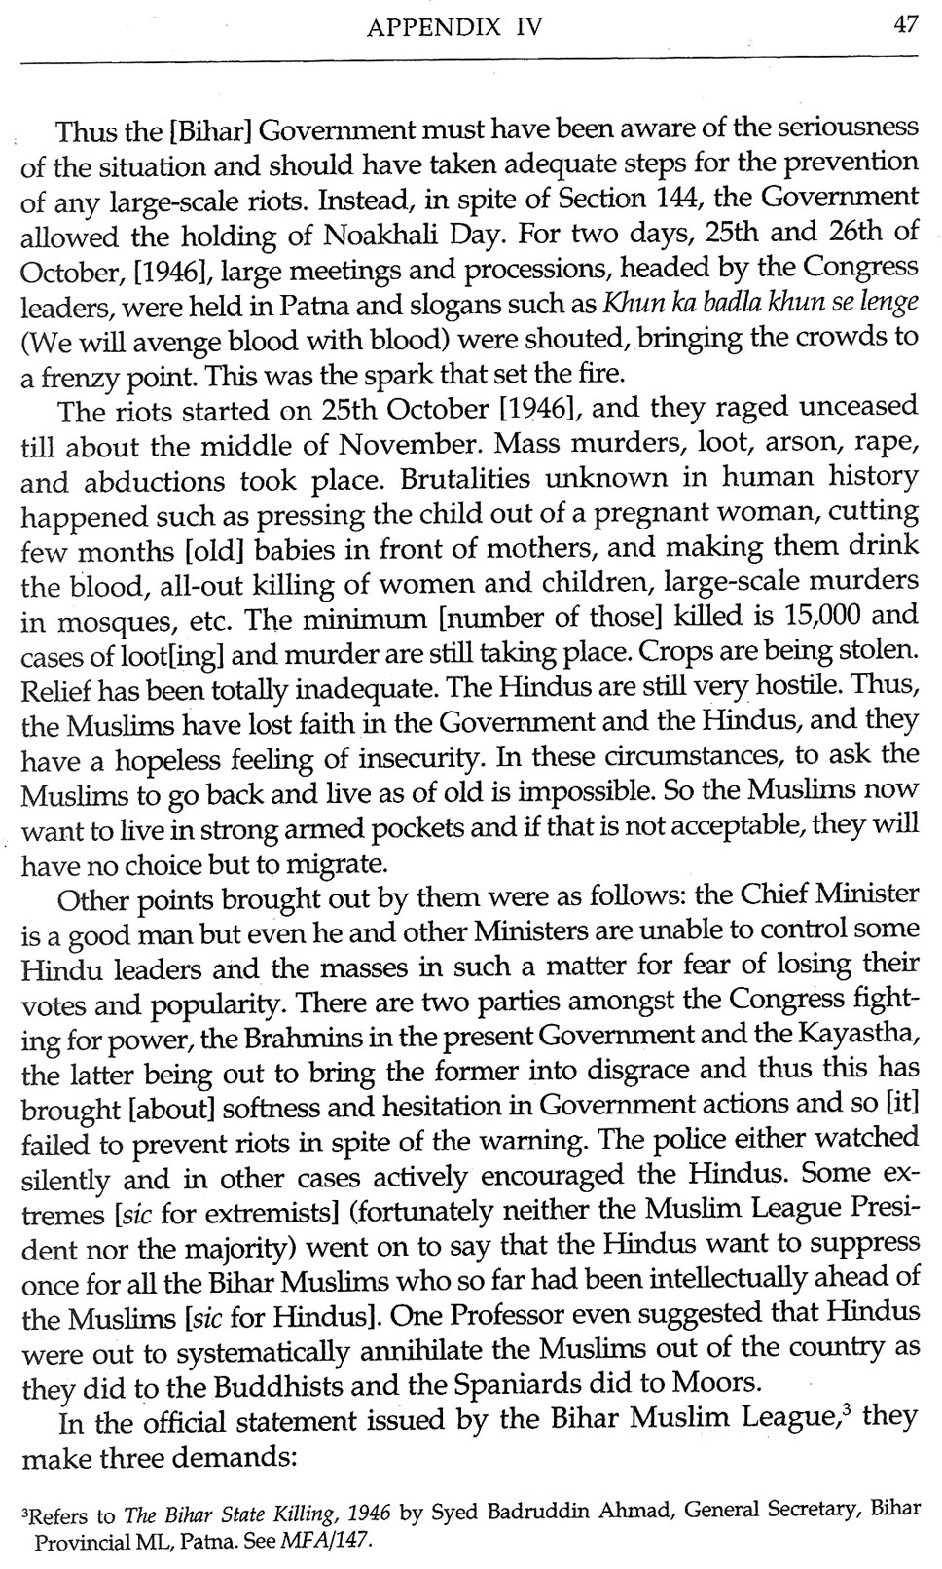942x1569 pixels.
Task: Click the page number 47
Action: [x=905, y=27]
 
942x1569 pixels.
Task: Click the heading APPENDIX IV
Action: [x=454, y=28]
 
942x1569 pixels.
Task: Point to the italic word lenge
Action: [x=892, y=302]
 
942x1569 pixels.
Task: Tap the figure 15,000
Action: [x=815, y=615]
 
